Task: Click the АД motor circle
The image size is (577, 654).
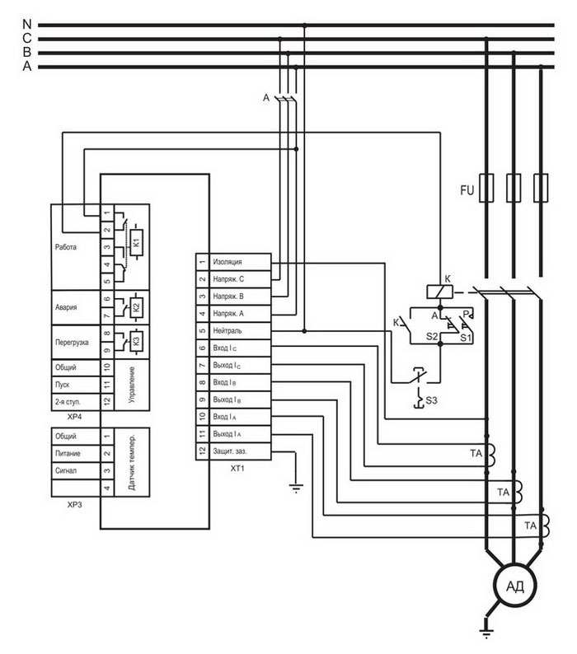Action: (x=514, y=586)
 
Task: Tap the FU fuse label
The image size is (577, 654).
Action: (x=467, y=190)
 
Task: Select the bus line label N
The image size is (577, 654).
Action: (x=26, y=24)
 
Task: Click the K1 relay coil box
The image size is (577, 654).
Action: (x=137, y=243)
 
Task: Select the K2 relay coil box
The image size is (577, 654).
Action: (x=137, y=307)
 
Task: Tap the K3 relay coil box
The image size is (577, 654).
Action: (x=137, y=341)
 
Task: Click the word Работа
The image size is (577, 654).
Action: (x=66, y=247)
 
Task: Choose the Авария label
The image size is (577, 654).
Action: (x=66, y=307)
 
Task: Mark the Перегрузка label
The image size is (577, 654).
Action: (x=72, y=343)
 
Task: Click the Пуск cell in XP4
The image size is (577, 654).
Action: (x=76, y=385)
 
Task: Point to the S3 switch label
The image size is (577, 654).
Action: (x=431, y=400)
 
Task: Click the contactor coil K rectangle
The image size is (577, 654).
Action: (x=439, y=292)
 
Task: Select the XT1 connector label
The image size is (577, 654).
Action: (x=237, y=469)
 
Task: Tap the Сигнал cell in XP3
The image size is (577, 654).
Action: (x=76, y=470)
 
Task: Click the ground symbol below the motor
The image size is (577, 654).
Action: (x=486, y=633)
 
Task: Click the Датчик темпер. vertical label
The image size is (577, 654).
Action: (x=132, y=462)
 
